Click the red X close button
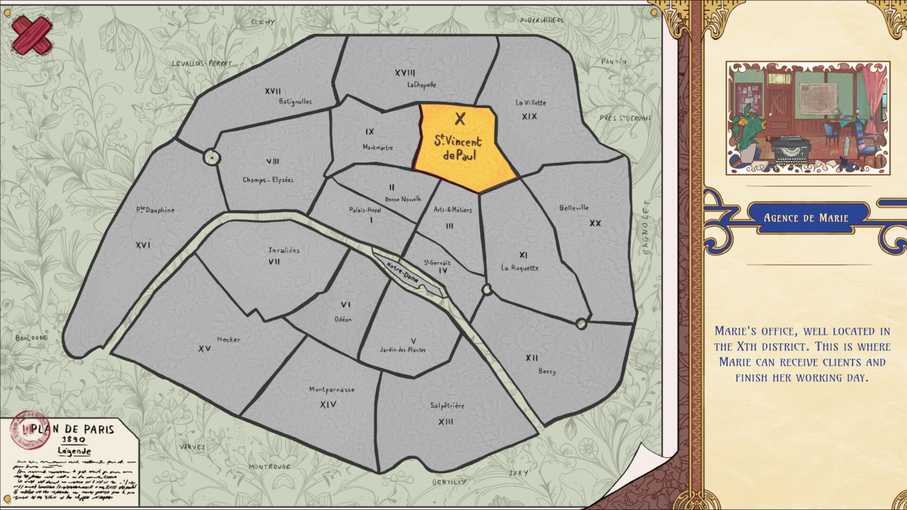pos(32,35)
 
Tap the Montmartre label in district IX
pos(377,147)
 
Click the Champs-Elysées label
pos(268,180)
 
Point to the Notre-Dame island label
pos(403,272)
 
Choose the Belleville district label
pos(574,208)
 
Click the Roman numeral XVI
pos(143,245)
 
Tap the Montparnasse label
pos(332,390)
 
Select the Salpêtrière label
pos(447,406)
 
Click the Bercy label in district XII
pos(547,371)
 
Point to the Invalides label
pos(284,250)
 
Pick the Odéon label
pos(343,320)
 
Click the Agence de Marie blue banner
pos(806,218)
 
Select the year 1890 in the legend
pos(74,440)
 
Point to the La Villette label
pos(531,103)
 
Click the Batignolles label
pos(295,102)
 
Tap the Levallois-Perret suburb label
pos(202,64)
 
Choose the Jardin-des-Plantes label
pos(402,350)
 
